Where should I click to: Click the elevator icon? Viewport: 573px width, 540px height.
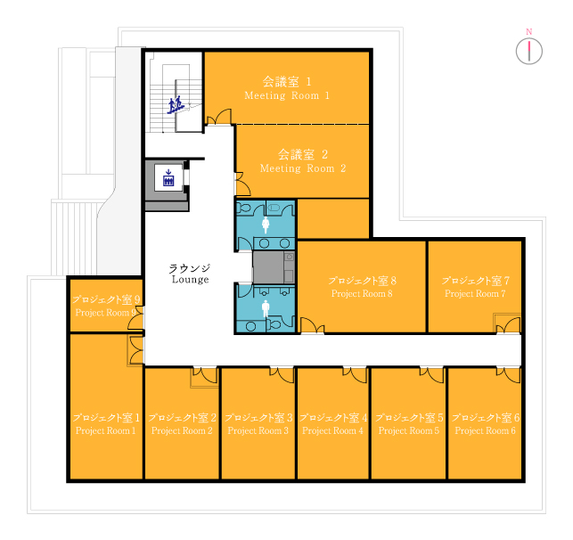tap(168, 177)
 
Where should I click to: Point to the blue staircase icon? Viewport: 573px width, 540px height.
tap(176, 105)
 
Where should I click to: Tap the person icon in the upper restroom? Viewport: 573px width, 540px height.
tap(266, 225)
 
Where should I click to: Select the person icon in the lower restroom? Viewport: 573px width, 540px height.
tap(266, 308)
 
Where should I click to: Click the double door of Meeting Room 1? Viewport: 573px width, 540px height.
tap(219, 117)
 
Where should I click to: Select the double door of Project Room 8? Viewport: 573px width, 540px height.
tap(312, 325)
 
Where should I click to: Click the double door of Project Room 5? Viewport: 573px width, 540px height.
tap(431, 374)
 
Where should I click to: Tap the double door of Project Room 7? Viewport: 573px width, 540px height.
tap(508, 325)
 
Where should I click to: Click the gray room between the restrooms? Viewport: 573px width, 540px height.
tap(274, 267)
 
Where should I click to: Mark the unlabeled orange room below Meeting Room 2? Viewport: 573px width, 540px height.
tap(333, 219)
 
